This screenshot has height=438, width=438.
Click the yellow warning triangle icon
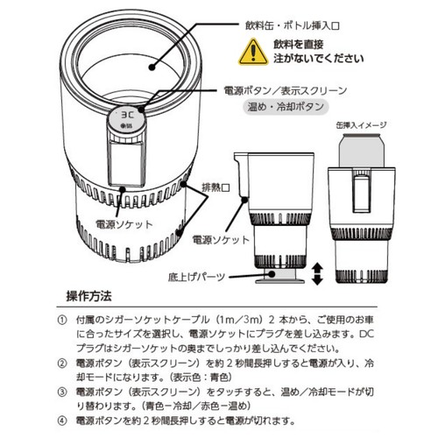click(253, 53)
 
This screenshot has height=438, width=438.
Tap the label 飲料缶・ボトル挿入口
click(293, 26)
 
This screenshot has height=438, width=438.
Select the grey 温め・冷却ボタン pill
click(286, 107)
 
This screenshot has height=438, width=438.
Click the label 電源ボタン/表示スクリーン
click(286, 90)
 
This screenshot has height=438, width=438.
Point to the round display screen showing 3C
click(126, 120)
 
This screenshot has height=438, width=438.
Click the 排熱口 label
click(215, 187)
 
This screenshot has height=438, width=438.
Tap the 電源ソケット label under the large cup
click(124, 225)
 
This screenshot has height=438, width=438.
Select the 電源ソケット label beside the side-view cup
click(221, 240)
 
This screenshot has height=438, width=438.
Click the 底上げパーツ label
click(196, 277)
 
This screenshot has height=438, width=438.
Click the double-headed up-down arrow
click(317, 274)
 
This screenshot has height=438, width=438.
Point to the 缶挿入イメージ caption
click(362, 125)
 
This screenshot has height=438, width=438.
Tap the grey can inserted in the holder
click(362, 151)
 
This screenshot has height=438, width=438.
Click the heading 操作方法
click(89, 296)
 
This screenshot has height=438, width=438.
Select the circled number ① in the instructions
click(62, 320)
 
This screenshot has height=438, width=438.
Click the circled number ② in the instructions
click(62, 364)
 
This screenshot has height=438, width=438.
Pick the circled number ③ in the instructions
click(62, 392)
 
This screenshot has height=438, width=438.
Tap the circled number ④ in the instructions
click(62, 420)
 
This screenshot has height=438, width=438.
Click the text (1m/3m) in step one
click(238, 320)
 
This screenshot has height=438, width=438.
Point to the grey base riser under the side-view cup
click(280, 276)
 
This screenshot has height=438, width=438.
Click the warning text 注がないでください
click(319, 59)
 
